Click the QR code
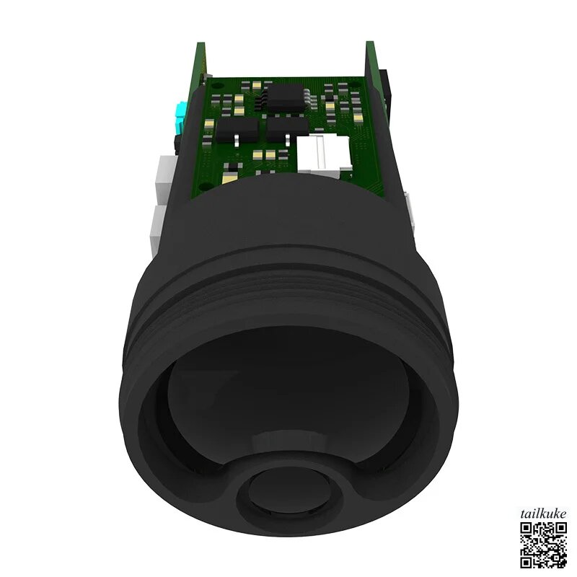pyautogui.click(x=544, y=545)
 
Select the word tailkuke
pyautogui.click(x=544, y=514)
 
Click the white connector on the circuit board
pyautogui.click(x=323, y=154)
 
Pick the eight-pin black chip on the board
pyautogui.click(x=286, y=97)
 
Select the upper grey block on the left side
pyautogui.click(x=167, y=178)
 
